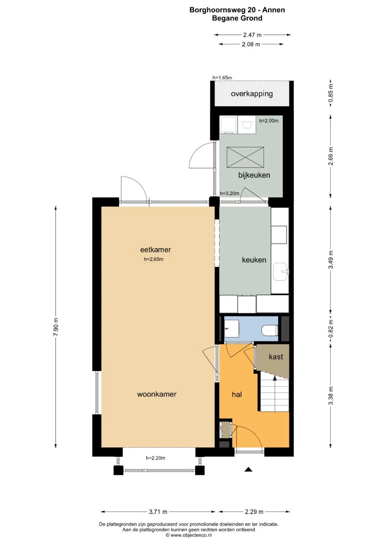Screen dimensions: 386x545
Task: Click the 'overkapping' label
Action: click(252, 94)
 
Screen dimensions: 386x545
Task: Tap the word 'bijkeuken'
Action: click(254, 175)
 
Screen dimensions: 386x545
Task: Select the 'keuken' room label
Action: click(254, 260)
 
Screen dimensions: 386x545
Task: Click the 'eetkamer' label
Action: click(155, 249)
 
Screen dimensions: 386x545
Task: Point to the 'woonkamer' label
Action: click(157, 394)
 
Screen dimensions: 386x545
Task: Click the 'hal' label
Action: click(237, 394)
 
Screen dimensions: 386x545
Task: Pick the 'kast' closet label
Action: click(276, 357)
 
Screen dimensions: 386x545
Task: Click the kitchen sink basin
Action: click(281, 272)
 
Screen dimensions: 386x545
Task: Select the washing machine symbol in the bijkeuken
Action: click(247, 125)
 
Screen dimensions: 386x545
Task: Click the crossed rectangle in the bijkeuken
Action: click(245, 157)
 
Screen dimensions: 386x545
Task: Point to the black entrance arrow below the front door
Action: click(248, 469)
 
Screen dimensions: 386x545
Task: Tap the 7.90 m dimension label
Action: click(55, 327)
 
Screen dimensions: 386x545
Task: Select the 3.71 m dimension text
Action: click(158, 512)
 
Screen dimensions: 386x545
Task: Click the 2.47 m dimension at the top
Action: click(252, 35)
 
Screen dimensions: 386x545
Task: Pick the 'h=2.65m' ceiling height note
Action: click(154, 259)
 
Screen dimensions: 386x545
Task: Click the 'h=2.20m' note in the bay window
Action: click(155, 458)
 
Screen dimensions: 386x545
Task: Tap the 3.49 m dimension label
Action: click(331, 259)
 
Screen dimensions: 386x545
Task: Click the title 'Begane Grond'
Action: click(237, 18)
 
